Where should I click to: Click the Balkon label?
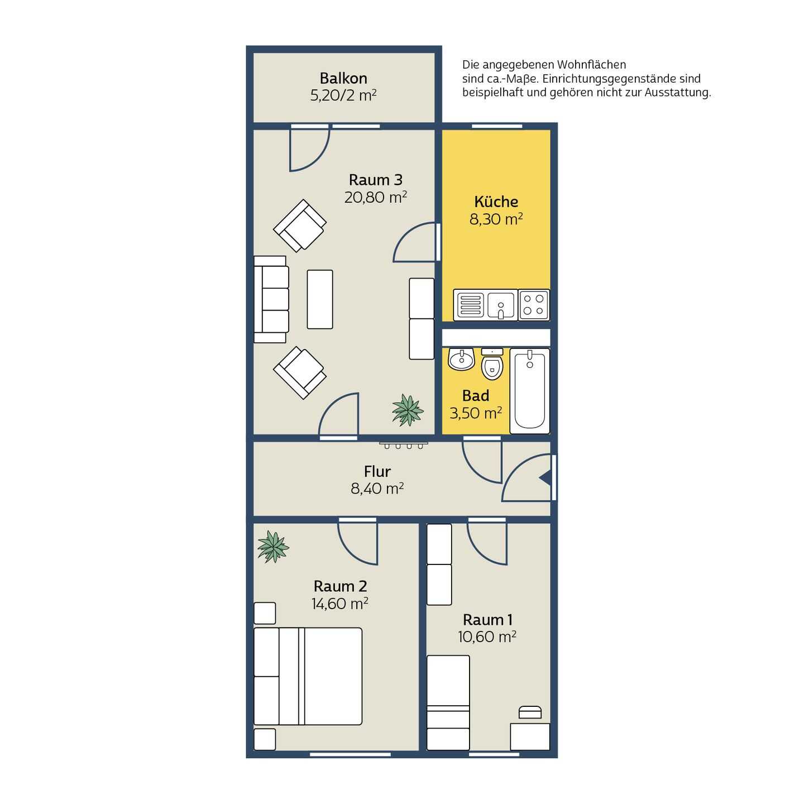(343, 78)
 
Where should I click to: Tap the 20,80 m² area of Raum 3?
(376, 197)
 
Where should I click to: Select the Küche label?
(496, 202)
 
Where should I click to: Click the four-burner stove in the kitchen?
(534, 305)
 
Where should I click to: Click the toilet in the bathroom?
(492, 364)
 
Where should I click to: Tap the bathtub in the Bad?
(529, 391)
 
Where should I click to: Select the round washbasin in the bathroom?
(461, 359)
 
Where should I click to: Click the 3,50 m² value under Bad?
(476, 413)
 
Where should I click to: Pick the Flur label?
(377, 471)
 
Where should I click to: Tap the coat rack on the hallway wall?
(404, 445)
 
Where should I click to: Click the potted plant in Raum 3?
(408, 410)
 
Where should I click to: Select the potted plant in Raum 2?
(273, 547)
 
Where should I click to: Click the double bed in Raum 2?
(308, 676)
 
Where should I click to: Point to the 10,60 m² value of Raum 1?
(487, 636)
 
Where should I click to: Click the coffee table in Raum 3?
(320, 299)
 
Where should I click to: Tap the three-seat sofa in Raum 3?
(271, 299)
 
